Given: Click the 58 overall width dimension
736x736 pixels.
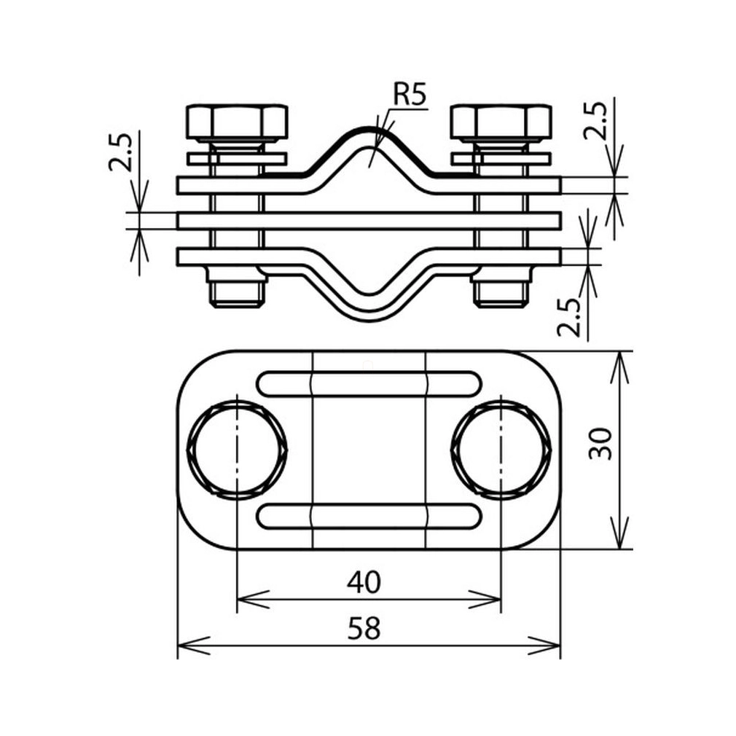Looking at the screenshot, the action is point(364,629).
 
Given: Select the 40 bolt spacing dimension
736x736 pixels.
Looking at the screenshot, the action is point(364,582).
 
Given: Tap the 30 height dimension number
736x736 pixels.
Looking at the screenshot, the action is point(601,444).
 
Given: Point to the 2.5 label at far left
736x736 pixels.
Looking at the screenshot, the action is point(120,152).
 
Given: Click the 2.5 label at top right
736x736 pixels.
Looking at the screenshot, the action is point(595,120).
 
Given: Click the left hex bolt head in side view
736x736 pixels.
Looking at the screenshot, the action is point(237,123).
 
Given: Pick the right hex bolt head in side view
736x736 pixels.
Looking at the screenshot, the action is point(501,123).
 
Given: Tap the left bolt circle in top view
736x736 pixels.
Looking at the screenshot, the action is point(237,449).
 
